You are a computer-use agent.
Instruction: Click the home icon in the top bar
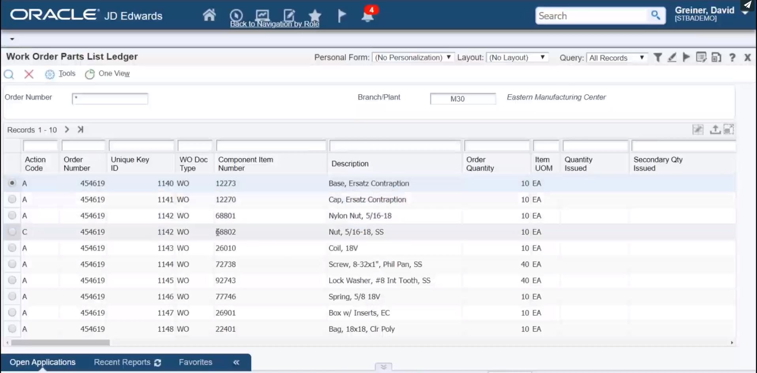point(209,15)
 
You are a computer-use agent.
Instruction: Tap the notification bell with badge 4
point(367,16)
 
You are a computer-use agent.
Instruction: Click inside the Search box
point(593,16)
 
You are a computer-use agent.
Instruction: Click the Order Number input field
point(110,98)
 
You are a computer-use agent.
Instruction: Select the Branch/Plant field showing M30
point(463,99)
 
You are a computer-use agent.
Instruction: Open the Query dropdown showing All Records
point(617,58)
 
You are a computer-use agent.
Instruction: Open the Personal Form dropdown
point(413,58)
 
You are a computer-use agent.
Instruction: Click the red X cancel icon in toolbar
point(29,74)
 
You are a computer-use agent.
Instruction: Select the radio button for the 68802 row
point(12,232)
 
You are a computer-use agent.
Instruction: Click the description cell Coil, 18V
point(343,248)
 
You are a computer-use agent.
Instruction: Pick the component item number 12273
point(226,184)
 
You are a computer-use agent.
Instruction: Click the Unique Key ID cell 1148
point(165,329)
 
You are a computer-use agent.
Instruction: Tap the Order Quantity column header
point(480,164)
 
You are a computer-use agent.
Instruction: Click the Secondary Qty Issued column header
point(658,164)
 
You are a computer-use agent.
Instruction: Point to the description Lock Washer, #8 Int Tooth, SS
point(379,281)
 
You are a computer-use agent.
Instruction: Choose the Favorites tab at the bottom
point(196,362)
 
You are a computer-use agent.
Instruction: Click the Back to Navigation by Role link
point(275,24)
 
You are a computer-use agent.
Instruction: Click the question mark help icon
point(732,58)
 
